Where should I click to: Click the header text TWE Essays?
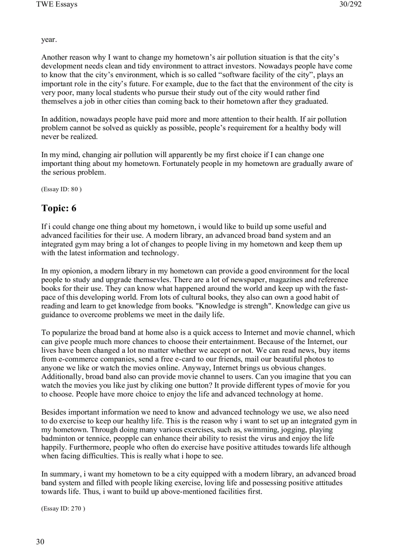pos(57,5)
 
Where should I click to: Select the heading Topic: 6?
pos(59,208)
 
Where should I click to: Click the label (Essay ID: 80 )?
pos(61,189)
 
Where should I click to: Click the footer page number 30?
pos(40,542)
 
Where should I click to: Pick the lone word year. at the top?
pos(49,40)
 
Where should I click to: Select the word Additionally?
pos(63,377)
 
